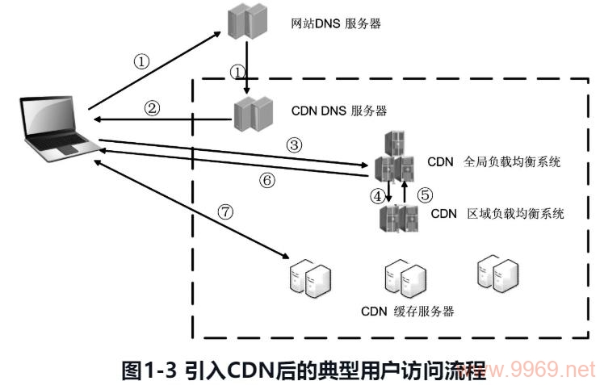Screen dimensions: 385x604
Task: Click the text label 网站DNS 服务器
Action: pyautogui.click(x=335, y=23)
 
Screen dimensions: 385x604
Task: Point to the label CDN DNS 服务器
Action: pyautogui.click(x=339, y=111)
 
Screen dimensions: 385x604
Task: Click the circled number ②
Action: pyautogui.click(x=152, y=107)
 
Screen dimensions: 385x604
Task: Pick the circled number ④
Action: pyautogui.click(x=376, y=195)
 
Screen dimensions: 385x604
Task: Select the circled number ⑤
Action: pyautogui.click(x=425, y=195)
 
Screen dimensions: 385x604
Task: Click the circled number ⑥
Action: pyautogui.click(x=266, y=180)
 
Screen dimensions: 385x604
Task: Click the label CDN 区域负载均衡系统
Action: pyautogui.click(x=497, y=214)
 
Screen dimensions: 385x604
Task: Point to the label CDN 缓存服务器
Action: pyautogui.click(x=407, y=312)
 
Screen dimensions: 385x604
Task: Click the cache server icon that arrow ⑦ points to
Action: pyautogui.click(x=309, y=276)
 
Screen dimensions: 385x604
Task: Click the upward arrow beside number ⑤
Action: pyautogui.click(x=405, y=192)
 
